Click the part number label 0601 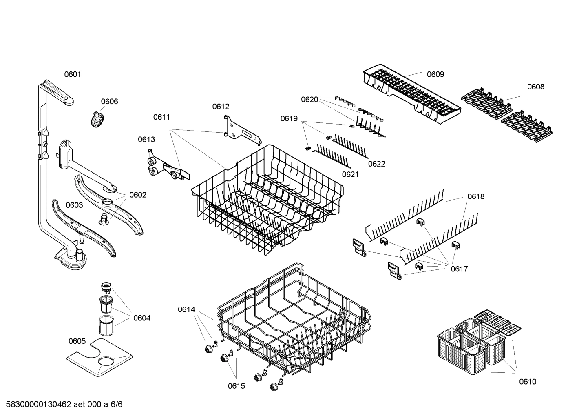[x=73, y=74]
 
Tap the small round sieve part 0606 [x=97, y=120]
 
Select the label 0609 [x=435, y=74]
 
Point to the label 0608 [x=535, y=87]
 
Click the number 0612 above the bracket [x=221, y=107]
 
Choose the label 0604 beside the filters [x=142, y=318]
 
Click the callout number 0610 [x=528, y=382]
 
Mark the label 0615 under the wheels [x=237, y=386]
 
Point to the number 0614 [x=186, y=309]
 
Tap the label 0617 [x=459, y=269]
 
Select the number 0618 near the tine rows [x=476, y=197]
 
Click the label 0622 [x=376, y=164]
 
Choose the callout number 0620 [x=309, y=100]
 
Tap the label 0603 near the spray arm [x=74, y=205]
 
